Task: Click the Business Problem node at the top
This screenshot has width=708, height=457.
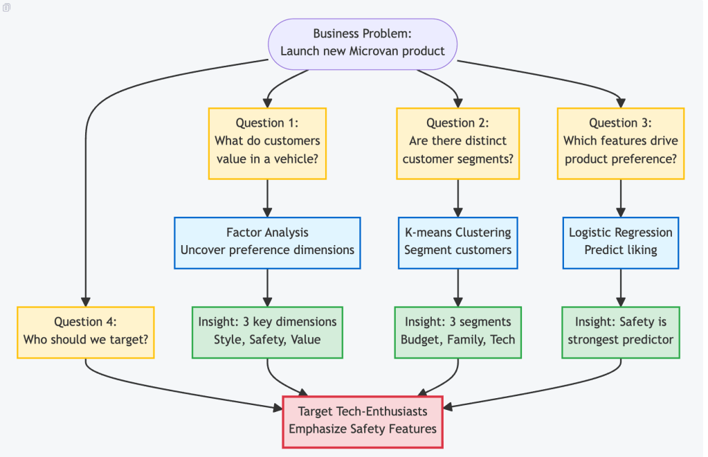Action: [363, 43]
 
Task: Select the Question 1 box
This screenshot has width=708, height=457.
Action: [267, 143]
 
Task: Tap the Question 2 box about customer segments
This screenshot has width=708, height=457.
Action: [457, 143]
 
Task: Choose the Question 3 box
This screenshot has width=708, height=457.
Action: [620, 143]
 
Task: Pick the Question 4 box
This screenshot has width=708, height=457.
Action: [85, 332]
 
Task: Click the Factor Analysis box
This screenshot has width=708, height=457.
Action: [267, 242]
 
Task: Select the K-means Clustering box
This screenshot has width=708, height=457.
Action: [457, 242]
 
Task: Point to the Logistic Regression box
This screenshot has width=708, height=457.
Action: [620, 242]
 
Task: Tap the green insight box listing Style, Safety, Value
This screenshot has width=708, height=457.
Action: [267, 332]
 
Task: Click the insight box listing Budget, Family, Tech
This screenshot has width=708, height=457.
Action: [457, 332]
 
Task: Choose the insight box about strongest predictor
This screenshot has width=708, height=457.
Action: [620, 332]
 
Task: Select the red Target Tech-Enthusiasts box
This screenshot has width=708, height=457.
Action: [363, 421]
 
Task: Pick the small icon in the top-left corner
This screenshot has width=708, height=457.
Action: [7, 6]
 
